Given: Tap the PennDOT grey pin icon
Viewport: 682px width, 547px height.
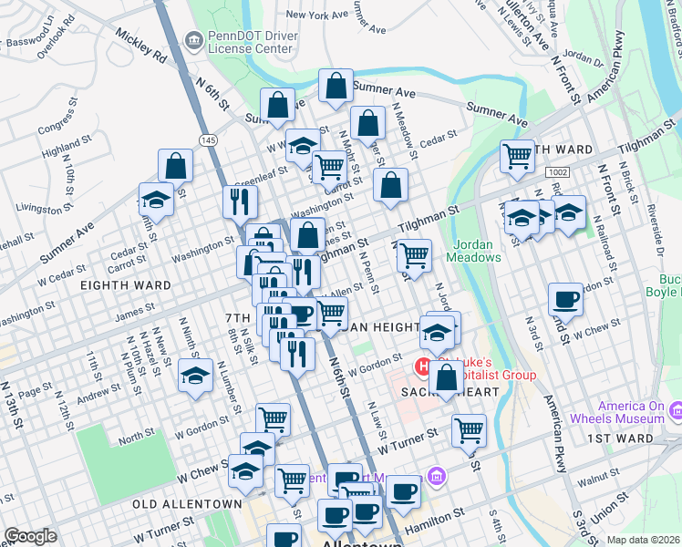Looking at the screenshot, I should pyautogui.click(x=193, y=39).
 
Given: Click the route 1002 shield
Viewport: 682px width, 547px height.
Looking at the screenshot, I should pyautogui.click(x=558, y=172).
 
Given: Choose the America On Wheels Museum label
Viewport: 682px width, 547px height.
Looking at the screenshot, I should pyautogui.click(x=631, y=412).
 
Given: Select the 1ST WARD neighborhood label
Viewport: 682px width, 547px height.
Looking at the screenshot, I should pyautogui.click(x=620, y=439).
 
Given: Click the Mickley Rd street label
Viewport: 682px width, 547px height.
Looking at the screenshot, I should pyautogui.click(x=140, y=47).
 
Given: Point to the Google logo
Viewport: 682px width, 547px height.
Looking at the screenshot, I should pyautogui.click(x=30, y=536).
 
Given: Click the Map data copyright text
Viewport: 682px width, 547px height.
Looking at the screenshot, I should pyautogui.click(x=644, y=540).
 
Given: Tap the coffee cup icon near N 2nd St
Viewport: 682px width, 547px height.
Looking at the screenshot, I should pyautogui.click(x=565, y=300).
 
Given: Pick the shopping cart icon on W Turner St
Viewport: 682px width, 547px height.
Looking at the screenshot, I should pyautogui.click(x=469, y=430).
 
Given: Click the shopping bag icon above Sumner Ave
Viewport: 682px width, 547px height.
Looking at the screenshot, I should pyautogui.click(x=336, y=87).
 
